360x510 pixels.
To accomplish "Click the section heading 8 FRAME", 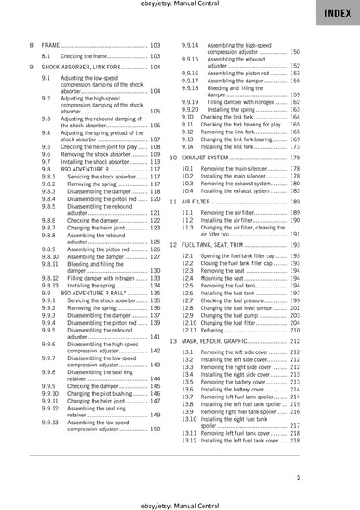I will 49,44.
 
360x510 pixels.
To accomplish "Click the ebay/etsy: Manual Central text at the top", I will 179,6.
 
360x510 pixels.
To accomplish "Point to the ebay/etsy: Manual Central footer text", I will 179,502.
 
